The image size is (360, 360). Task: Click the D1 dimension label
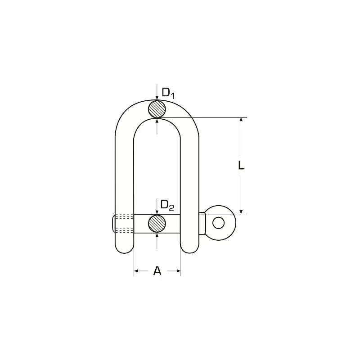[x=168, y=93]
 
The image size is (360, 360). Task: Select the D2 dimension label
[x=167, y=205]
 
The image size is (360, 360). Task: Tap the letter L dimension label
[x=241, y=165]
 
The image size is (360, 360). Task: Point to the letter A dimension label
[x=157, y=271]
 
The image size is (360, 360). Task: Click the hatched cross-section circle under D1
[x=157, y=109]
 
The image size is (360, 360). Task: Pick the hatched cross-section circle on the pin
[x=157, y=223]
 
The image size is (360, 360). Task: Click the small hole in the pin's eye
[x=219, y=223]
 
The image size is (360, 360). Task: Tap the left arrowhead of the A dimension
[x=136, y=271]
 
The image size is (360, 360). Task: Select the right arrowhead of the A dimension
[x=178, y=271]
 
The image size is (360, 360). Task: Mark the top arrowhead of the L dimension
[x=241, y=120]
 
